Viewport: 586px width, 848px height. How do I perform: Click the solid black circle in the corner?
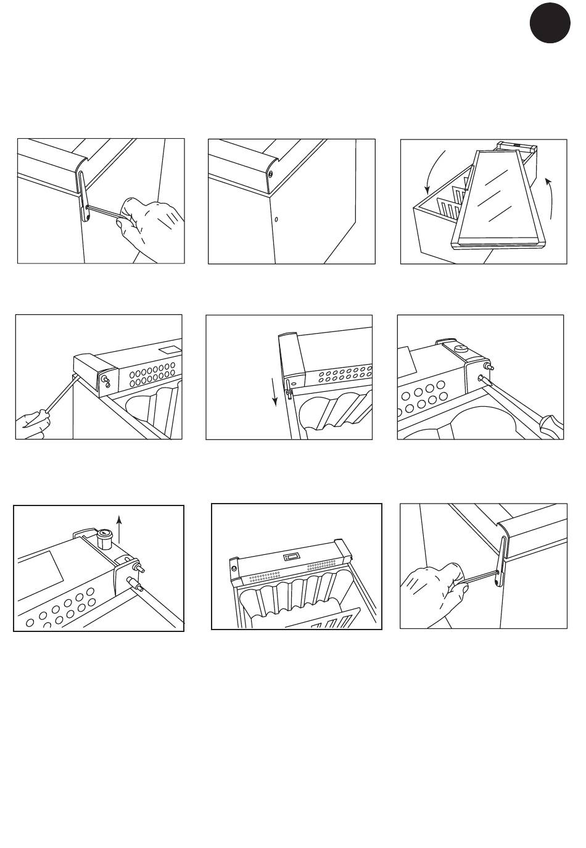[x=549, y=23]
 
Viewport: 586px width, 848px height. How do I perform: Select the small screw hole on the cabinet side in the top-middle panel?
[x=276, y=219]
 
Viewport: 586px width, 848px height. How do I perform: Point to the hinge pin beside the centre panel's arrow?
[x=288, y=392]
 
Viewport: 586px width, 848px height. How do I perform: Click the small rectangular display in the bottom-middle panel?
[x=292, y=556]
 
